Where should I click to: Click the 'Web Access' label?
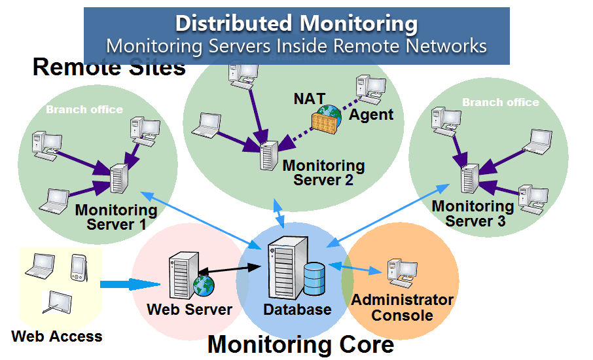coord(57,337)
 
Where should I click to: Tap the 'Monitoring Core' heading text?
coord(300,344)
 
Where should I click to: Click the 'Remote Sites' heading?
coord(109,67)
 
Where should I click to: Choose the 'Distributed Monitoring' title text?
coord(296,24)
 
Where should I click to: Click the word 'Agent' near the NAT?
coord(371,115)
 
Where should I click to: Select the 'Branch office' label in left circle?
coord(84,109)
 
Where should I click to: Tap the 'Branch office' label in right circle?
coord(500,103)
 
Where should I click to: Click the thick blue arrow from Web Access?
coord(130,284)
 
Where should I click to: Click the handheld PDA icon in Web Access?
coord(77,266)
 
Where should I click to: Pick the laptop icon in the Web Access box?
coord(39,264)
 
